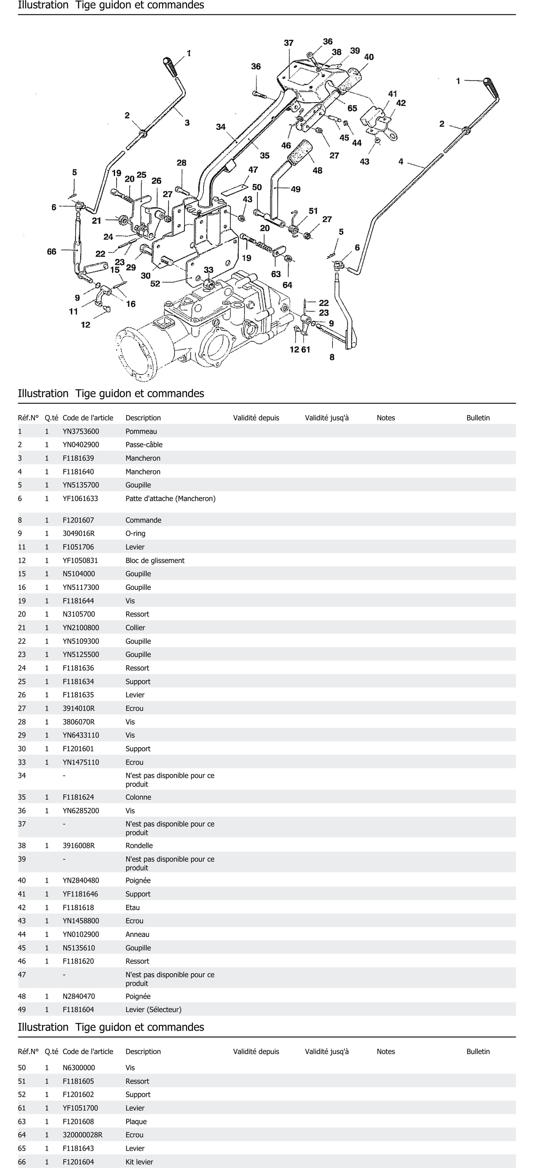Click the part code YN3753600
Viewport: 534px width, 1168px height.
(x=81, y=431)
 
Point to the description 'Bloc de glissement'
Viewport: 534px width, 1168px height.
(x=155, y=560)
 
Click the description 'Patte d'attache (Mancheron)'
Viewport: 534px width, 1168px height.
(x=170, y=498)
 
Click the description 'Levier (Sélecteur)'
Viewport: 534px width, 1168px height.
(x=153, y=1009)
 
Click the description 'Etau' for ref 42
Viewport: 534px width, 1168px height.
(x=132, y=907)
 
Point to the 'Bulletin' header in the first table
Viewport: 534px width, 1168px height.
(x=478, y=418)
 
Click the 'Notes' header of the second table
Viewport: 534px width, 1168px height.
(x=386, y=1051)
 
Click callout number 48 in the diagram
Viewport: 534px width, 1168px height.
(x=317, y=170)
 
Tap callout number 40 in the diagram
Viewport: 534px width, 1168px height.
(x=369, y=57)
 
